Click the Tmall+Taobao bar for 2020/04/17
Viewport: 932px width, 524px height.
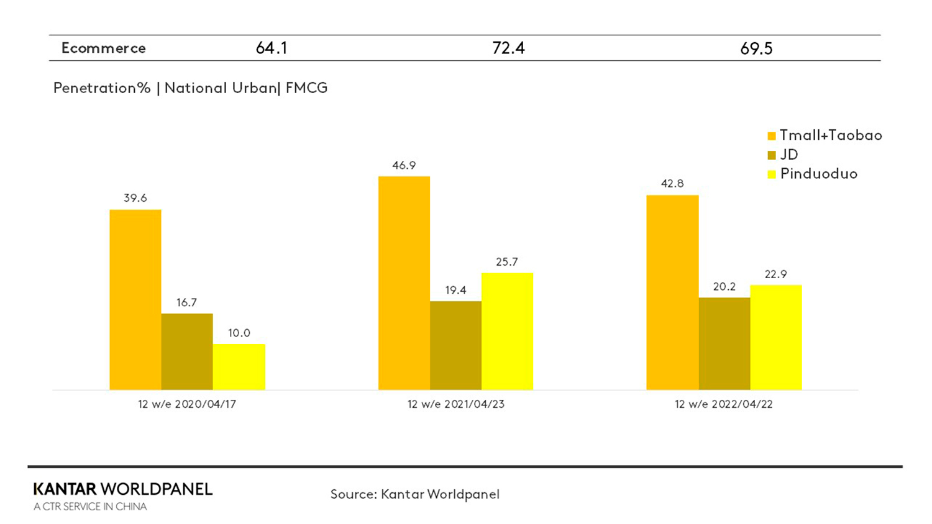click(x=135, y=300)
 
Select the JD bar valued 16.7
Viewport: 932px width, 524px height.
click(x=187, y=351)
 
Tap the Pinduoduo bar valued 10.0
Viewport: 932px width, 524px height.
click(x=239, y=367)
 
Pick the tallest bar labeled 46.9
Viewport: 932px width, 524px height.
click(x=404, y=283)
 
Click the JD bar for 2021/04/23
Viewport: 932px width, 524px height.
click(x=455, y=345)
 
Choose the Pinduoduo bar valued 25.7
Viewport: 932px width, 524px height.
click(x=507, y=332)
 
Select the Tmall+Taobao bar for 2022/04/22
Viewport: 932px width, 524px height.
click(x=672, y=292)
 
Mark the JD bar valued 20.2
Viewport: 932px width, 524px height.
click(x=724, y=343)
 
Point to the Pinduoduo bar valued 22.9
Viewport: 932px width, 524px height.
click(x=776, y=337)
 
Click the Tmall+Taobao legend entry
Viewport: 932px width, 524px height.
click(x=825, y=135)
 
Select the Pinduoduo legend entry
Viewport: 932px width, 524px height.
click(x=812, y=174)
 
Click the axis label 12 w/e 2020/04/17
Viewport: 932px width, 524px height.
click(x=187, y=404)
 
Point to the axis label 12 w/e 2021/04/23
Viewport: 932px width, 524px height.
click(x=455, y=404)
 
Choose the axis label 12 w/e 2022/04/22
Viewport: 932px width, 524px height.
click(x=724, y=404)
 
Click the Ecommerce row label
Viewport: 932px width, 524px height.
click(x=104, y=48)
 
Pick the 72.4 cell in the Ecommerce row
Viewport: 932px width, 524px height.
click(x=508, y=48)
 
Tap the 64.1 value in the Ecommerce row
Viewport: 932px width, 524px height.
click(x=272, y=48)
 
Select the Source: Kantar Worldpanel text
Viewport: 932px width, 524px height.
click(x=415, y=494)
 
